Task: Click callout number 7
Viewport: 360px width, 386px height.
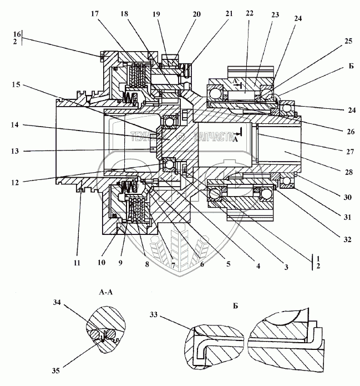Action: tap(173, 267)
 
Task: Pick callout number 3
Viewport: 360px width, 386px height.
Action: tap(286, 268)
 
